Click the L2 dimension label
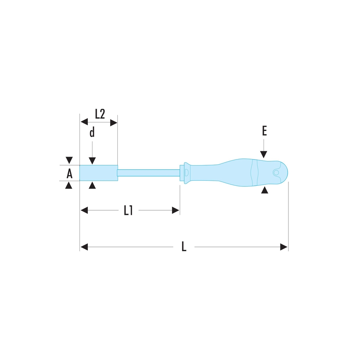pyautogui.click(x=100, y=114)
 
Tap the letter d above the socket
pyautogui.click(x=92, y=132)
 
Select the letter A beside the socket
pyautogui.click(x=69, y=174)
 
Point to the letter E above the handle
pyautogui.click(x=265, y=131)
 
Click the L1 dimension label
pyautogui.click(x=129, y=210)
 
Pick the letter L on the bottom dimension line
pyautogui.click(x=184, y=247)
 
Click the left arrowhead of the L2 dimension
pyautogui.click(x=84, y=122)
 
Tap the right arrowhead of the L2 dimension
pyautogui.click(x=114, y=123)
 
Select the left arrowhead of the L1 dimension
pyautogui.click(x=84, y=210)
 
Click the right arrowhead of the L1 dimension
pyautogui.click(x=176, y=210)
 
